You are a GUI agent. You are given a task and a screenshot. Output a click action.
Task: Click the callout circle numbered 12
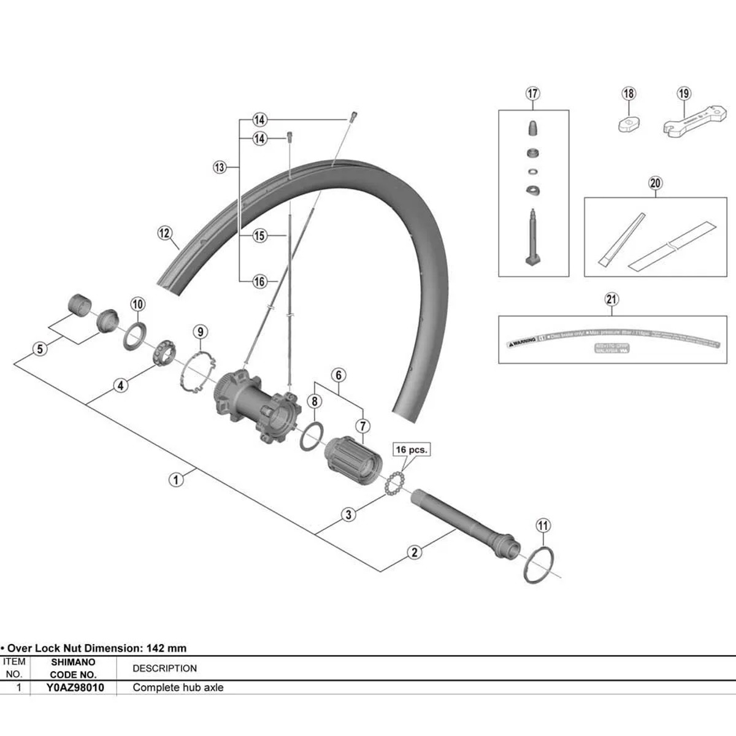click(x=164, y=233)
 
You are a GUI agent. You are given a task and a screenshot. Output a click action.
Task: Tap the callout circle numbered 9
click(x=201, y=332)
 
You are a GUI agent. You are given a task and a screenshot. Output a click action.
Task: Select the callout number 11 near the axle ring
click(x=543, y=526)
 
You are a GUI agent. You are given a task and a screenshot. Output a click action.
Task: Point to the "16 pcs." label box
click(x=411, y=450)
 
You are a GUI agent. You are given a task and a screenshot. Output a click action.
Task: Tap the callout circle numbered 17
click(x=532, y=94)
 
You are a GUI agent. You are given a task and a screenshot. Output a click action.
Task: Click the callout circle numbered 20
click(x=655, y=183)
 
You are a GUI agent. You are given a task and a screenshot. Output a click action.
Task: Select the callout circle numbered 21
click(x=611, y=299)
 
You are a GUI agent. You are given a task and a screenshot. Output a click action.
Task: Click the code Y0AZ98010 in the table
click(x=75, y=688)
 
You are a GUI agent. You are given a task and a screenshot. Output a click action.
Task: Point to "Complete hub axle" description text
click(x=178, y=688)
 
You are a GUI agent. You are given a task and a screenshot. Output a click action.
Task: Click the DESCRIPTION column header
click(x=164, y=669)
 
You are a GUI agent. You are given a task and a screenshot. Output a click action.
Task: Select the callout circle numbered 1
click(x=176, y=479)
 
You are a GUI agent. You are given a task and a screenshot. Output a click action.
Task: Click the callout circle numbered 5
click(x=40, y=349)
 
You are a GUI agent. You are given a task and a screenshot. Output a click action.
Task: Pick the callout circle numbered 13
click(x=220, y=167)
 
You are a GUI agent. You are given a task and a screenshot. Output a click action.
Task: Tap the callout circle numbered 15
click(x=260, y=236)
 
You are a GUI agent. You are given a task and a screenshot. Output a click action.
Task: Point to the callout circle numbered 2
click(x=415, y=552)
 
